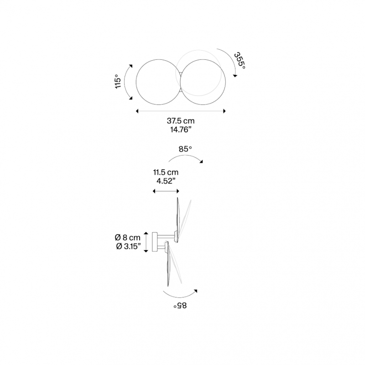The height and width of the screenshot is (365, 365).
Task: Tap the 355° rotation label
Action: [x=240, y=61]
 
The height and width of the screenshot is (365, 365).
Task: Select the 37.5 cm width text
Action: [x=181, y=121]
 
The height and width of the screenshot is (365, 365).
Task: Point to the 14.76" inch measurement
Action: [x=181, y=130]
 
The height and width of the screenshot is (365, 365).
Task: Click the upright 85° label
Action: [x=185, y=148]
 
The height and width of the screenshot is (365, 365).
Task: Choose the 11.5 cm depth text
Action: [x=165, y=172]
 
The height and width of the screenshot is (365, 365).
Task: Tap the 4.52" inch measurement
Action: [x=165, y=181]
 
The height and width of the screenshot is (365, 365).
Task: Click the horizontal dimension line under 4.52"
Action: [x=165, y=192]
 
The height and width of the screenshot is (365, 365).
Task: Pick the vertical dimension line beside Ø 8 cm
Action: [x=146, y=242]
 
